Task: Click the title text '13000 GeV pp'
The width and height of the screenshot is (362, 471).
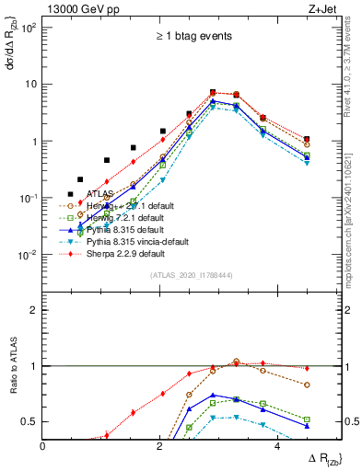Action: (77, 8)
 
